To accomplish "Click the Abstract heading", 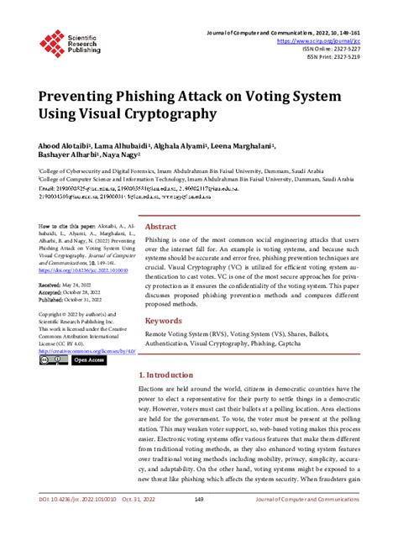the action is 161,227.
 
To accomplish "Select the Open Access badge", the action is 88,359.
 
